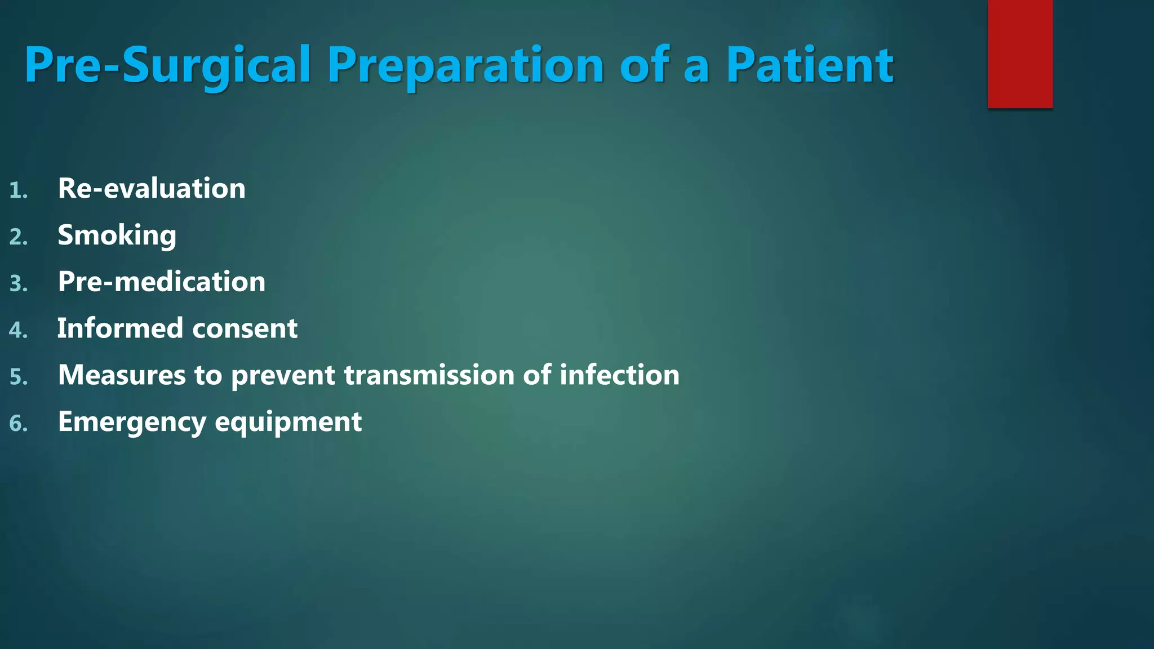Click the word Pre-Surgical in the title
(167, 65)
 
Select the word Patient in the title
(809, 65)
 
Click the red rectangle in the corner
(1020, 54)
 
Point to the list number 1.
(18, 190)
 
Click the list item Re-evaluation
(152, 188)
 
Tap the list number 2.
(18, 237)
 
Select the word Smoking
(117, 235)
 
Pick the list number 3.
(18, 284)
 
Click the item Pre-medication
(161, 282)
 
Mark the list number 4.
(18, 331)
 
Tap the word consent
(244, 328)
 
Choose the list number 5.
(18, 377)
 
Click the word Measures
(122, 375)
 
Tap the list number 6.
(18, 424)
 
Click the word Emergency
(132, 423)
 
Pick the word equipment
(288, 423)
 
